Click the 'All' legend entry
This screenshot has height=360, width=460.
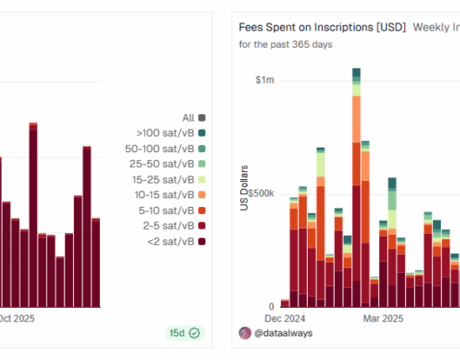coord(194,117)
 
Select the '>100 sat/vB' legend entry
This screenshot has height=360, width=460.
coord(167,132)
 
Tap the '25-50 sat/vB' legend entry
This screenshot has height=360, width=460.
coord(167,163)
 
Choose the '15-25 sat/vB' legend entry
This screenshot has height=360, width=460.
coord(167,179)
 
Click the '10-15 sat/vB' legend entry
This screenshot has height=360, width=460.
coord(167,194)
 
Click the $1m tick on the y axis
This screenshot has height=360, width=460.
coord(265,81)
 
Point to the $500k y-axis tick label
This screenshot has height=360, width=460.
coord(259,193)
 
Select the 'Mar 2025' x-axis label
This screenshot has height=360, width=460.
coord(383,318)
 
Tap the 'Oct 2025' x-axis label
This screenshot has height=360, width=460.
coord(16,318)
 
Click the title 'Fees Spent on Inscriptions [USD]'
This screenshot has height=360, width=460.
coord(321,27)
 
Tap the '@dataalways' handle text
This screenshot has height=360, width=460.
coord(284,333)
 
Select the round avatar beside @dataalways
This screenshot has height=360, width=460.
coord(245,333)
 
